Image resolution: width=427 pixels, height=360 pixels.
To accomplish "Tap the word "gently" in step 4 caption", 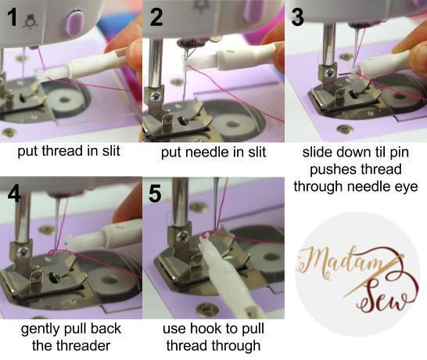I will coord(42,328).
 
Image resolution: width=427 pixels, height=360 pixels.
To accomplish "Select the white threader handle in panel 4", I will coord(109,234).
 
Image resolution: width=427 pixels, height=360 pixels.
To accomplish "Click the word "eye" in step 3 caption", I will coord(403,185).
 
